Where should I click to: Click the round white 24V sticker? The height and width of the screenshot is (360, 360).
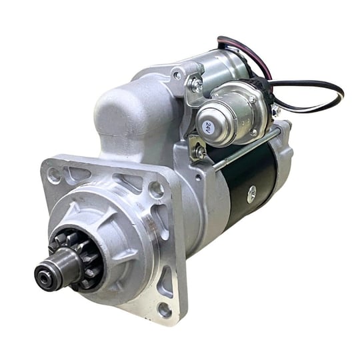point(208,127)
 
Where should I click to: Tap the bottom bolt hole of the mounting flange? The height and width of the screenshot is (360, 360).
point(165,310)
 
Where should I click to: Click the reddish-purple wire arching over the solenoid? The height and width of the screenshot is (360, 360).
point(248,53)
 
